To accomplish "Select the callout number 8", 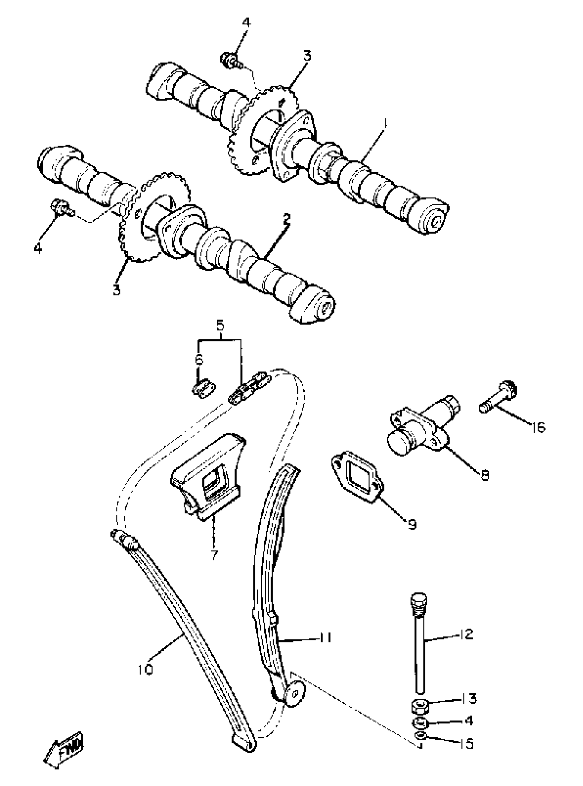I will (485, 475).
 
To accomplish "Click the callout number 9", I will (412, 524).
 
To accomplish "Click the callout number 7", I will (214, 555).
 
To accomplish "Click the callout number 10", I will (145, 669).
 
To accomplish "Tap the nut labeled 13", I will (419, 706).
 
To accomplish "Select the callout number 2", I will (286, 219).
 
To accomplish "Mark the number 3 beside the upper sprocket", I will (307, 56).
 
